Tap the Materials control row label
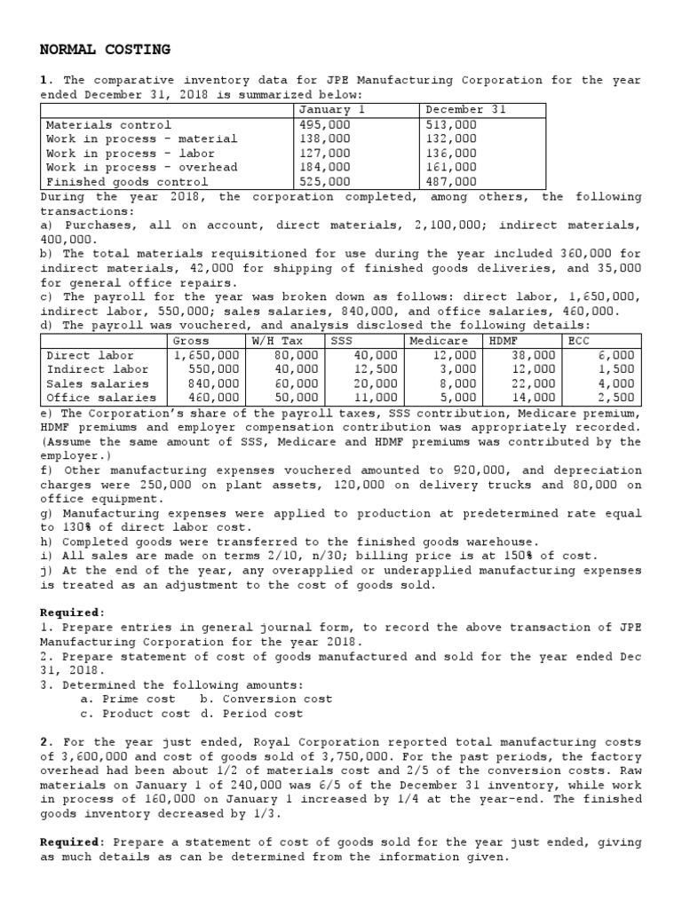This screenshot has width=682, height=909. (x=108, y=125)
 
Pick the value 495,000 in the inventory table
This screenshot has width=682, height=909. (x=326, y=125)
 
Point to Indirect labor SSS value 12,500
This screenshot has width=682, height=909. (x=377, y=369)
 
